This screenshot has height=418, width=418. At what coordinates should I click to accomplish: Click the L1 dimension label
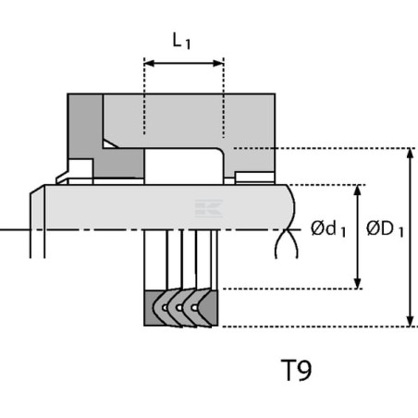pyautogui.click(x=181, y=41)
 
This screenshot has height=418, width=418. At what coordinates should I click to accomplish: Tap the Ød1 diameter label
pyautogui.click(x=328, y=229)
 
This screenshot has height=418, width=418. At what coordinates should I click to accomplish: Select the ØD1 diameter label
pyautogui.click(x=385, y=229)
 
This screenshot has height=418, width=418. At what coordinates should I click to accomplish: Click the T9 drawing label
pyautogui.click(x=297, y=370)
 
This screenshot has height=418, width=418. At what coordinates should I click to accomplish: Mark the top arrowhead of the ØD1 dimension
pyautogui.click(x=410, y=154)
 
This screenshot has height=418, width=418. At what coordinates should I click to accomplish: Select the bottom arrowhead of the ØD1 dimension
pyautogui.click(x=410, y=321)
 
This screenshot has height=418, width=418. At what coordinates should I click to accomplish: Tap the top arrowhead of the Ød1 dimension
pyautogui.click(x=357, y=191)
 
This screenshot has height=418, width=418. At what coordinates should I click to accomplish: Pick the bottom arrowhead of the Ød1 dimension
pyautogui.click(x=357, y=284)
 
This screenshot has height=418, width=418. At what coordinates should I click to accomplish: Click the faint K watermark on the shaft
pyautogui.click(x=209, y=208)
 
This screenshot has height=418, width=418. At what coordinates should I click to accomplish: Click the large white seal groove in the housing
pyautogui.click(x=183, y=166)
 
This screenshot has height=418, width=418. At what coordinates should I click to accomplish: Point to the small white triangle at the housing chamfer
pyautogui.click(x=109, y=144)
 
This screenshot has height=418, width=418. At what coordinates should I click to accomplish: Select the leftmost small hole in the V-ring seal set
pyautogui.click(x=166, y=308)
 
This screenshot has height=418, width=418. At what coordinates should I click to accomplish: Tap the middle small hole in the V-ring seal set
pyautogui.click(x=179, y=308)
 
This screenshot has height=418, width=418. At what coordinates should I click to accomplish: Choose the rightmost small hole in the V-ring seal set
pyautogui.click(x=194, y=308)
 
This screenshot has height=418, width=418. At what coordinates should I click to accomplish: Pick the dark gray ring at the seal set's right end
pyautogui.click(x=210, y=308)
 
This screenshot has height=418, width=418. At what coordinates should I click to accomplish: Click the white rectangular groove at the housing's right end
pyautogui.click(x=254, y=177)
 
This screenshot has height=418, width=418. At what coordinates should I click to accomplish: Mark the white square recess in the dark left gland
pyautogui.click(x=80, y=168)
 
